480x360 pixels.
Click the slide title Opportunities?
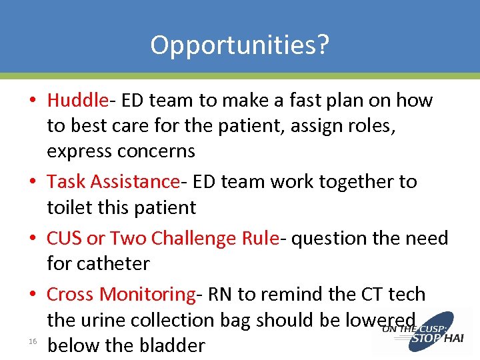(x=239, y=45)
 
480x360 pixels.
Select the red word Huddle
(x=77, y=101)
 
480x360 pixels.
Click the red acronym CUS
(x=64, y=238)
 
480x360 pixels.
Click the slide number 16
(x=32, y=342)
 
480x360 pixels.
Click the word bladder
(x=171, y=345)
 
